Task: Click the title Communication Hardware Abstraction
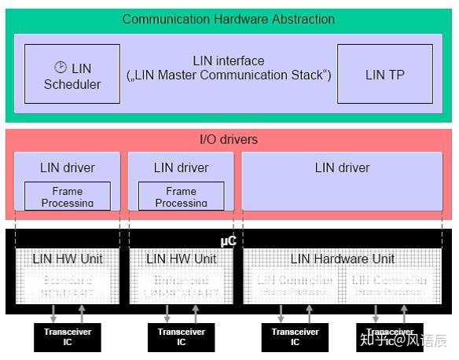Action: [228, 19]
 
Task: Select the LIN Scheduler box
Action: [72, 74]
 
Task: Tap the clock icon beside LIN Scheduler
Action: [60, 68]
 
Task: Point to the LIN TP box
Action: [385, 74]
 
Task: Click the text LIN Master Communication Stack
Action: [229, 75]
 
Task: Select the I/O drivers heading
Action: [228, 140]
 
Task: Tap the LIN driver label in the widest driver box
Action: [342, 167]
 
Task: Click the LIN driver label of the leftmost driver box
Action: [67, 167]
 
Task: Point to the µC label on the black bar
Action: [228, 241]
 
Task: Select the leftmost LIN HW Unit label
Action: [67, 259]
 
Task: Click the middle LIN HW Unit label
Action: [181, 259]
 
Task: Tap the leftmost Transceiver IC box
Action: [67, 337]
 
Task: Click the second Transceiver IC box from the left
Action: [181, 337]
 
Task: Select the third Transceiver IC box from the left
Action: [295, 337]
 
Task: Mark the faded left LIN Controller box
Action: [295, 285]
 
